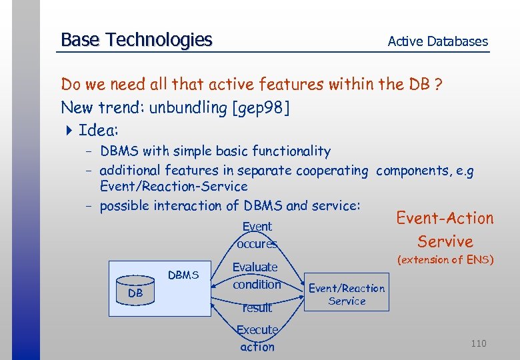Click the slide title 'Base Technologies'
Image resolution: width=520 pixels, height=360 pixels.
coord(136,41)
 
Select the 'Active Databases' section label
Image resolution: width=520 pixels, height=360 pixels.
coord(437,41)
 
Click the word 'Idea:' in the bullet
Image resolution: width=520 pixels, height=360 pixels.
coord(98,129)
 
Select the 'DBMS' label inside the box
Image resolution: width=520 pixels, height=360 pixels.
coord(183,275)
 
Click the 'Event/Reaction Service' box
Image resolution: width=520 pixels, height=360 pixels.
coord(346,295)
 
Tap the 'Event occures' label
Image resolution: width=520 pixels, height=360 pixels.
coord(257,235)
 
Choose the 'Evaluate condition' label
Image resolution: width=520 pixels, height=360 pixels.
coord(256,275)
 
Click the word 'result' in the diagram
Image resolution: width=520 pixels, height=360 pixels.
coord(257,307)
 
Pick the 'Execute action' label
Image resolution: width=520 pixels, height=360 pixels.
coord(257,338)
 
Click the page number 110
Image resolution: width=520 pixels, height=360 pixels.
coord(478,343)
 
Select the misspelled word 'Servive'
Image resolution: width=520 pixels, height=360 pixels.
coord(445,241)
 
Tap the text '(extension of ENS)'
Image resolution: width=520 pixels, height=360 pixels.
coord(445,260)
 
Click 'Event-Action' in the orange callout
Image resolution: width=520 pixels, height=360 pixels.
coord(445,218)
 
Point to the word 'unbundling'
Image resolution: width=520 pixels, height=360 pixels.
coord(189,107)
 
